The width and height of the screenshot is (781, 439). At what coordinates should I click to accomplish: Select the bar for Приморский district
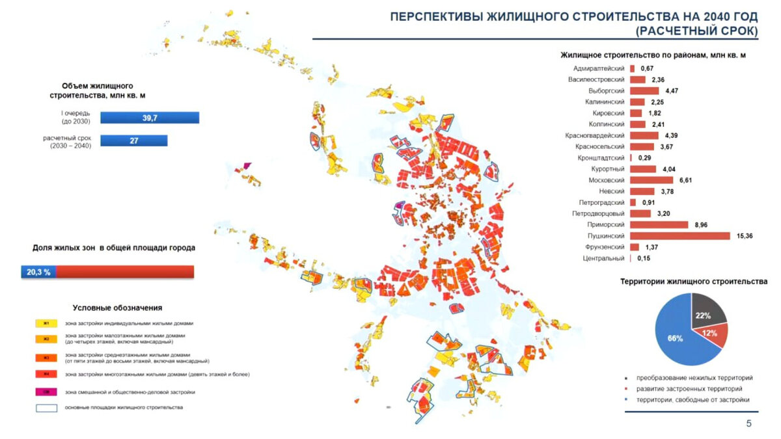click(x=659, y=224)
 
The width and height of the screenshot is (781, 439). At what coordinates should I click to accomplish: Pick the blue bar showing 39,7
click(x=150, y=117)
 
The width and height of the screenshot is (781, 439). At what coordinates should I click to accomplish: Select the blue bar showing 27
click(x=134, y=140)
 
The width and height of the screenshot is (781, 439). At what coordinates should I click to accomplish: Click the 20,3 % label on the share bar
click(x=38, y=272)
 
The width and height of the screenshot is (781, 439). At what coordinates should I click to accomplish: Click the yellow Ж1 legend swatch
click(x=47, y=323)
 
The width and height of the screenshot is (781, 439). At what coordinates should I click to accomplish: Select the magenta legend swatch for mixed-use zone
click(x=47, y=392)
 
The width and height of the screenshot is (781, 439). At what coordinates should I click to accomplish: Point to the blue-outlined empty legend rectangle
click(x=47, y=408)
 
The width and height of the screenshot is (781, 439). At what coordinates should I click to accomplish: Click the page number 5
click(x=748, y=424)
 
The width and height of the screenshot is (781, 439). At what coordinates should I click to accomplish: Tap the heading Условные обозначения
click(x=117, y=308)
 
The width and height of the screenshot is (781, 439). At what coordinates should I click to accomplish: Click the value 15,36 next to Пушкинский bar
click(x=745, y=235)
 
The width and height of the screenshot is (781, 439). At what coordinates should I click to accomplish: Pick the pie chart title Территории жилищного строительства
click(x=694, y=282)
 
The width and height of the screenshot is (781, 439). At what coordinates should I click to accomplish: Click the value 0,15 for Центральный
click(x=643, y=258)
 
